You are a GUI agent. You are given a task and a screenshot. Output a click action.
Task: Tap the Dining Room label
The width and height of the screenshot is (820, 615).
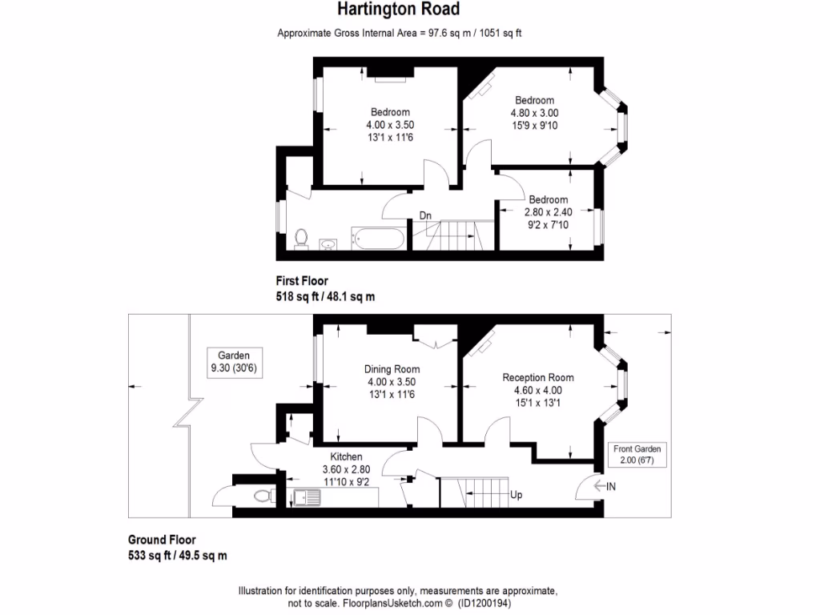coord(392,369)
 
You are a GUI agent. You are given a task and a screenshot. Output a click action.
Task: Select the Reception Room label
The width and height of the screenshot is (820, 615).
coord(537,377)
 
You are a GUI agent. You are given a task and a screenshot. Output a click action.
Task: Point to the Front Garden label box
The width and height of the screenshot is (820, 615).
coord(637,455)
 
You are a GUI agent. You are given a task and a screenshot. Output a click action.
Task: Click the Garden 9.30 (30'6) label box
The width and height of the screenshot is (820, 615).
coord(235,361)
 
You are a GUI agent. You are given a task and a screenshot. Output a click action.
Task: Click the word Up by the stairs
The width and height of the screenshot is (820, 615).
coord(517,496)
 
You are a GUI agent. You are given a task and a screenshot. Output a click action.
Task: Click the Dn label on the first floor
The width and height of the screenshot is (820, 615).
coord(426,215)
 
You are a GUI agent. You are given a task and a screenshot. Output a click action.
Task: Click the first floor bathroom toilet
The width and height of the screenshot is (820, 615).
coord(301,239)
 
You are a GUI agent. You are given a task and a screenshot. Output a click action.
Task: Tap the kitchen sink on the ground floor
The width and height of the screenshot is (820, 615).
coord(307,497)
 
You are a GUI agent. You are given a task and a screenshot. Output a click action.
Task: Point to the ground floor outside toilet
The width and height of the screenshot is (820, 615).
coord(263,496)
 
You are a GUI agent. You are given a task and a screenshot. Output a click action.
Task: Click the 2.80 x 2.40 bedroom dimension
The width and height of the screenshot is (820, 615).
coord(548,212)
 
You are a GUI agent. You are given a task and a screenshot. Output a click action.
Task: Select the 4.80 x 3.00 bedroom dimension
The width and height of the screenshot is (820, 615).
coord(534,113)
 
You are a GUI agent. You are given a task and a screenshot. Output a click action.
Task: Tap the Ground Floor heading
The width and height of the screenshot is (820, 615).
coord(162,540)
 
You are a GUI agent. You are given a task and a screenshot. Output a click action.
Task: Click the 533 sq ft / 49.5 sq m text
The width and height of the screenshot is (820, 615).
coord(178,555)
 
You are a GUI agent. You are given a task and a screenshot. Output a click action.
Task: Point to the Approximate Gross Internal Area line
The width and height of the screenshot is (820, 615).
coord(400,33)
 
